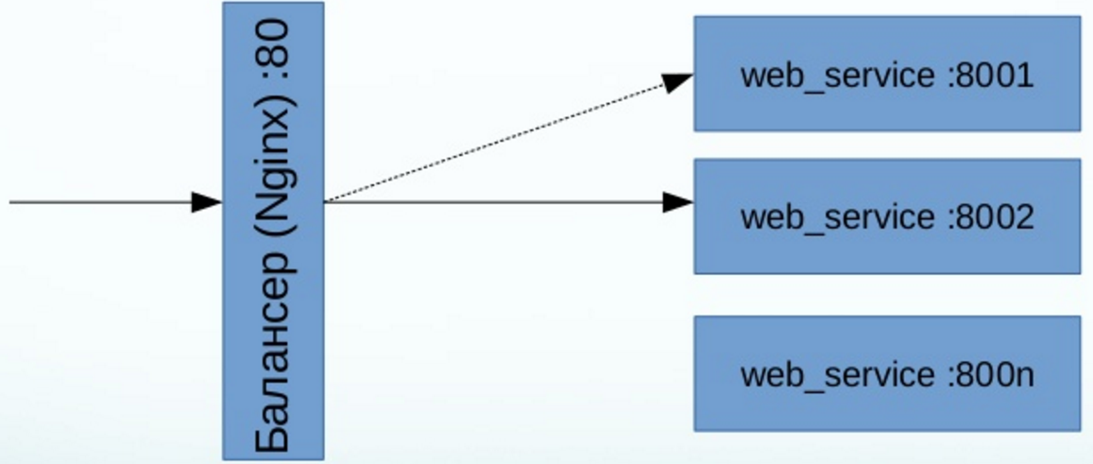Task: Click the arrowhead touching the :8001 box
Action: click(677, 81)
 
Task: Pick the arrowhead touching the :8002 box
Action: click(678, 201)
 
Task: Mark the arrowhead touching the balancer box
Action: click(207, 201)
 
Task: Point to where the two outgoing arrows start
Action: click(326, 201)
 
